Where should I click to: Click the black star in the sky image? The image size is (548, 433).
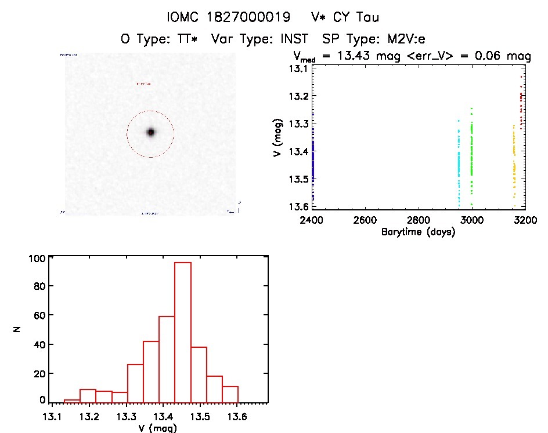pyautogui.click(x=150, y=132)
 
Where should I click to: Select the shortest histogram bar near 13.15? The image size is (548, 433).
pyautogui.click(x=72, y=400)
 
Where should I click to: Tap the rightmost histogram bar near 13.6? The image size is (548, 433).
pyautogui.click(x=230, y=394)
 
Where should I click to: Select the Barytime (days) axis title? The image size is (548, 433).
pyautogui.click(x=418, y=232)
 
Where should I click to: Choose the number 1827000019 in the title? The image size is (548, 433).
pyautogui.click(x=253, y=17)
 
